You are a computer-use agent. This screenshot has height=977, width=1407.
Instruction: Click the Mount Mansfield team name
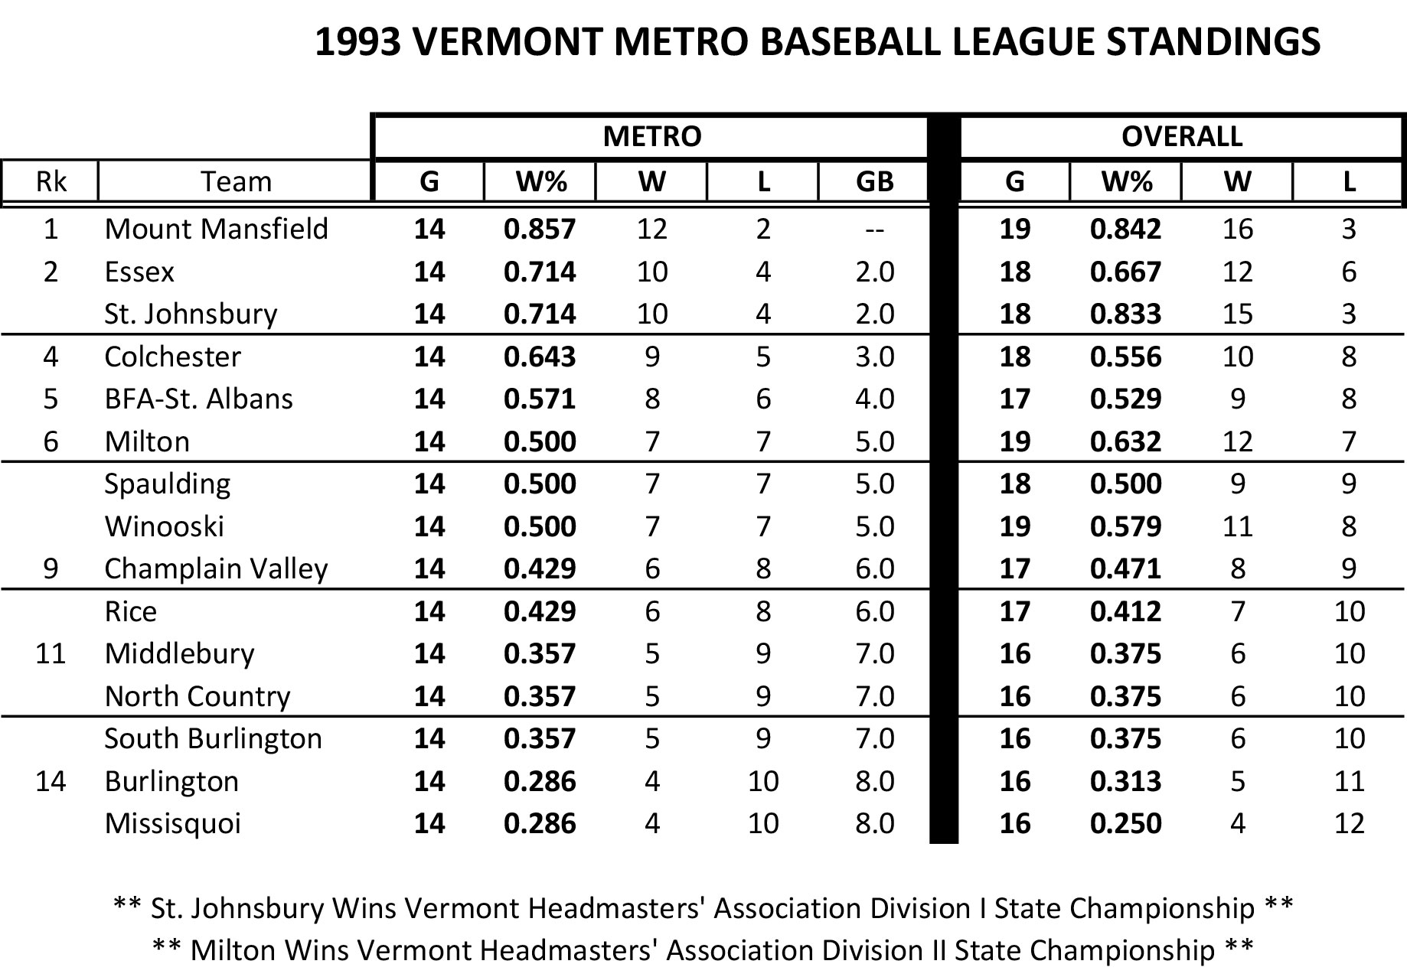[x=216, y=229]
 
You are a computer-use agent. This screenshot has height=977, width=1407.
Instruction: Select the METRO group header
[x=651, y=136]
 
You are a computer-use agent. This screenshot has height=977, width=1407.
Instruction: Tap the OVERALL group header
[x=1181, y=136]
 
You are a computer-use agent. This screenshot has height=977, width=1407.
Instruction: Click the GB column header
[x=874, y=181]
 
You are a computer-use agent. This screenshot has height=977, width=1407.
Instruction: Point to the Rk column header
[x=51, y=181]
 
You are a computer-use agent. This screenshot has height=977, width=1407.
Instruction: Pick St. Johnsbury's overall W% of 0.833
[x=1125, y=314]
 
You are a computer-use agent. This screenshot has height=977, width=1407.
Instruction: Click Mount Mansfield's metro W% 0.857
[x=540, y=229]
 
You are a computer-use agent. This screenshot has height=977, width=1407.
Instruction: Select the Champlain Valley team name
[x=216, y=568]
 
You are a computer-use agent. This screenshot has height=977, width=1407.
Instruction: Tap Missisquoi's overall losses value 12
[x=1348, y=823]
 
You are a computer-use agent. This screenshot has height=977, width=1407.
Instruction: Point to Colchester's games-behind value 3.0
[x=874, y=357]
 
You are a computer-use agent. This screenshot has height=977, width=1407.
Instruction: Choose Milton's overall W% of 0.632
[x=1125, y=441]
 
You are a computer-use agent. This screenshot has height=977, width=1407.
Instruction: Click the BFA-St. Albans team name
[x=198, y=399]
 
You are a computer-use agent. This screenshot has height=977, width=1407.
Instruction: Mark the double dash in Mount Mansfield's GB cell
[x=874, y=229]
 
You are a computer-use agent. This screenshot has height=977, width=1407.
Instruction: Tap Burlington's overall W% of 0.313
[x=1125, y=781]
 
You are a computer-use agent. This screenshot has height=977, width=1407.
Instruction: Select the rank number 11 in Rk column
[x=51, y=653]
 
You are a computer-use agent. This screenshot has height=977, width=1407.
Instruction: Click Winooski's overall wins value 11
[x=1237, y=526]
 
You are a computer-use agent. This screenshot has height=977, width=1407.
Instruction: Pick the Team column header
[x=236, y=181]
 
